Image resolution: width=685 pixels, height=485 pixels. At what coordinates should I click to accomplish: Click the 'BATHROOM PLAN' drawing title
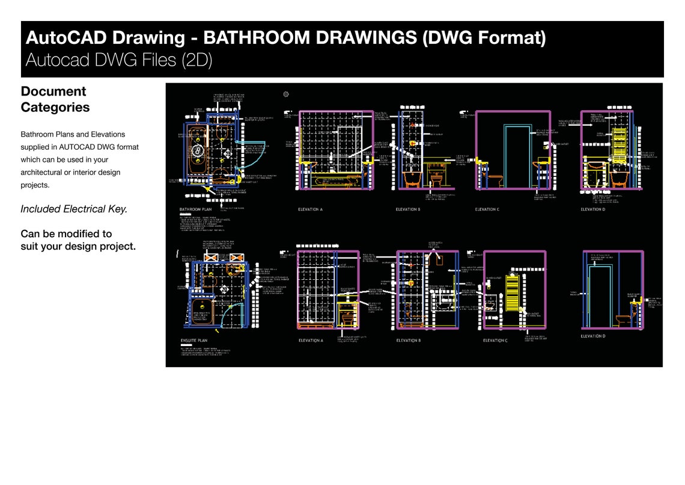196,209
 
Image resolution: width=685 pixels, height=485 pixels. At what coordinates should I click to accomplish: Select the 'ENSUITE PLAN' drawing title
195,341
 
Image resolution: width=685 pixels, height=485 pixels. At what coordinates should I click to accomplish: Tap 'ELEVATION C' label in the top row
487,209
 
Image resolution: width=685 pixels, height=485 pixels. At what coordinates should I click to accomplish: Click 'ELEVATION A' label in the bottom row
311,341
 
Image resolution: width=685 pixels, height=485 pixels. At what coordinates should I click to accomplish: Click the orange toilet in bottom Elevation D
625,319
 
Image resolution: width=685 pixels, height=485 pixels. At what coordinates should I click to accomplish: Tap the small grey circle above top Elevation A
286,94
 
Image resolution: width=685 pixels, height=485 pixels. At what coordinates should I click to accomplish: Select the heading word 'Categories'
55,108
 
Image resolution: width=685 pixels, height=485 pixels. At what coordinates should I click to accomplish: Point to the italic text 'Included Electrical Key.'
74,209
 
